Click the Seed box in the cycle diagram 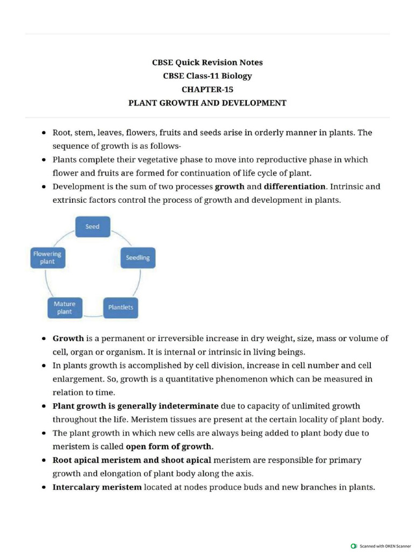pos(92,226)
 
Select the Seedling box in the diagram pos(137,258)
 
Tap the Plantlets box pos(120,307)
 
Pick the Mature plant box pos(65,308)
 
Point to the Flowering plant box pos(47,258)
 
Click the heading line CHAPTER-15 pos(207,89)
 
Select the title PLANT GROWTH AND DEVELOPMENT pos(207,103)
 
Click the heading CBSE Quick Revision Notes pos(207,63)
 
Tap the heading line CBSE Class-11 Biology pos(207,76)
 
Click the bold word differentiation pos(294,187)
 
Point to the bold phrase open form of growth pos(169,446)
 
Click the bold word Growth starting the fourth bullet pos(68,339)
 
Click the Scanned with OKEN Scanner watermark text pos(385,546)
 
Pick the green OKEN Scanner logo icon pos(354,546)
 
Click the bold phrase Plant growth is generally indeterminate pos(135,406)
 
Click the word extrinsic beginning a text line pos(70,200)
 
